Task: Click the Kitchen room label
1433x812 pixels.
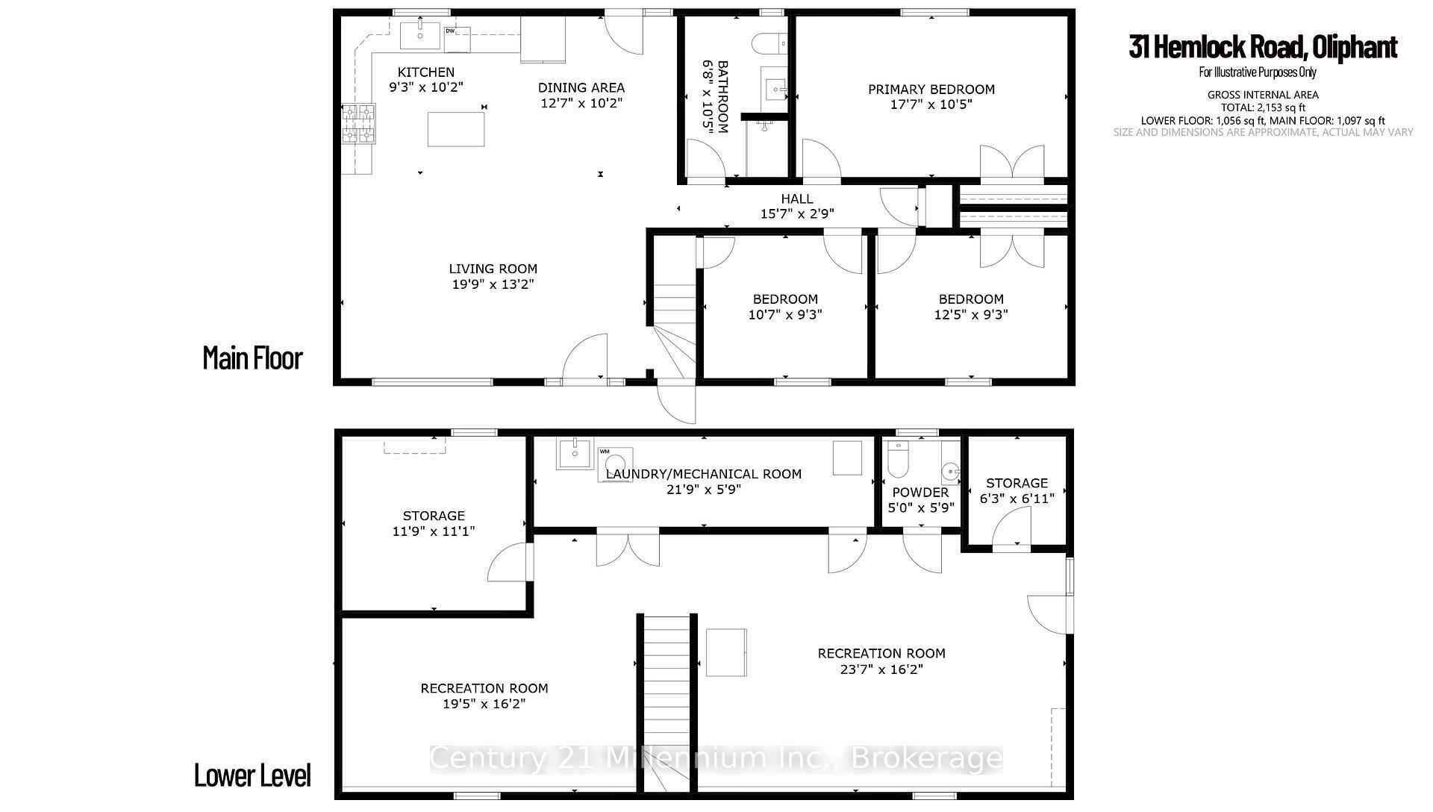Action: pos(425,72)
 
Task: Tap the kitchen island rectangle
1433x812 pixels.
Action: pos(455,128)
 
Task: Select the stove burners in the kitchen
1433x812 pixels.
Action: pos(358,124)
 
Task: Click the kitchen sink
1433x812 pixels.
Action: pos(419,35)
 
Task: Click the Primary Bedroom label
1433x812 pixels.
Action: pos(931,90)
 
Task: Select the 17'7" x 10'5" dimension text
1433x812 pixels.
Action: pos(931,105)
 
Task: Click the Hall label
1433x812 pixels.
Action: pos(796,199)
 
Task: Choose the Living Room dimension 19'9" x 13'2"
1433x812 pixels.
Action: pos(493,284)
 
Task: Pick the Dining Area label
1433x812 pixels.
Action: pos(581,87)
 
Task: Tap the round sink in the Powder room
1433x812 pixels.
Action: pos(949,471)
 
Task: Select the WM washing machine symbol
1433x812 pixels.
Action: pos(614,464)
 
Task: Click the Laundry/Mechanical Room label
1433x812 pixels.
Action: pos(703,474)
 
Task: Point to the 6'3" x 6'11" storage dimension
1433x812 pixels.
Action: pos(1017,499)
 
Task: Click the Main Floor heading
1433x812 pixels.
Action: pos(252,358)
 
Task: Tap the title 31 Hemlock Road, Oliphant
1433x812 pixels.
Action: pos(1262,47)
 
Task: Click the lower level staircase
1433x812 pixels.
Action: pos(666,702)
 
